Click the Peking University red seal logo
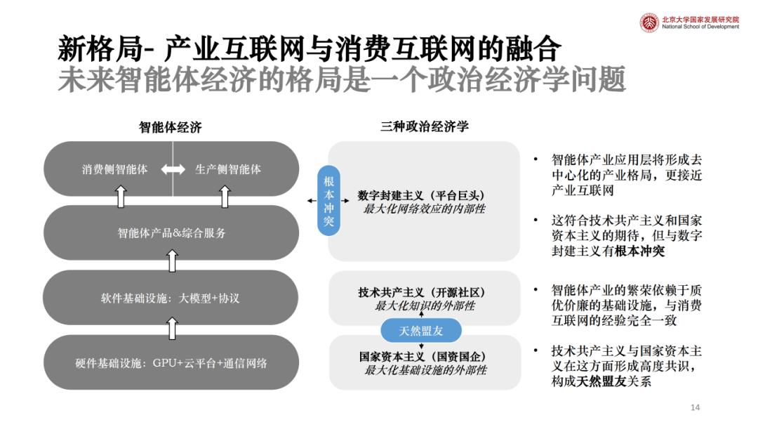(649, 22)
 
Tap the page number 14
(695, 407)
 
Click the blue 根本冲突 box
(328, 201)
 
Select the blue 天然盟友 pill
(421, 331)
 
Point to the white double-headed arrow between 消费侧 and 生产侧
(173, 169)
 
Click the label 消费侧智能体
(114, 169)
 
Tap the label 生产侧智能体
(228, 169)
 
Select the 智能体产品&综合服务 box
(171, 232)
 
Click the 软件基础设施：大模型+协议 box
(171, 297)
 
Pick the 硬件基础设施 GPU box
(171, 362)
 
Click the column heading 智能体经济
(170, 127)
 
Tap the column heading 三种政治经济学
(425, 126)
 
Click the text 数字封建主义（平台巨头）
(421, 195)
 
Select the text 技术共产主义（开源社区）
(422, 293)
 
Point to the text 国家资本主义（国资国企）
(423, 357)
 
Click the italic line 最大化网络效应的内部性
(424, 209)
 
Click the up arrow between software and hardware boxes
(172, 329)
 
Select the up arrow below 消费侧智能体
(121, 197)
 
